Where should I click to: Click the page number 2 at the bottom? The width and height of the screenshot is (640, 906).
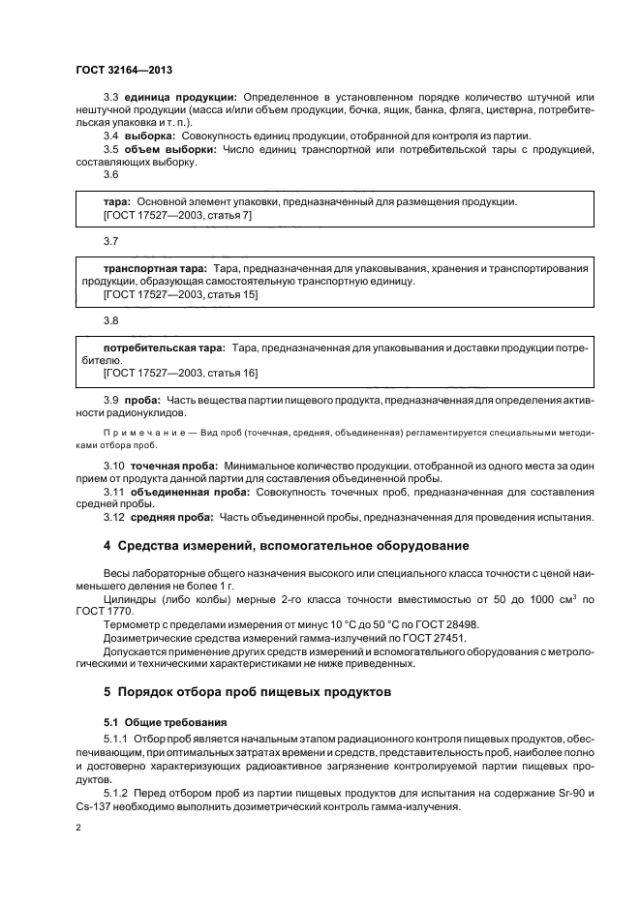[78, 828]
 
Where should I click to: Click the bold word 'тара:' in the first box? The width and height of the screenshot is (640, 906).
[117, 202]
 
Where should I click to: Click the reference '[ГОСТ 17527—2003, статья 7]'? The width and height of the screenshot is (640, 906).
[177, 215]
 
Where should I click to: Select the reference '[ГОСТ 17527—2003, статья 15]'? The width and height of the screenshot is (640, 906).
[180, 294]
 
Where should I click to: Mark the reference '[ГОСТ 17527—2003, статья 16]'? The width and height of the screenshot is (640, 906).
[180, 373]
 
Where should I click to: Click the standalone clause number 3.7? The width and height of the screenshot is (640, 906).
[110, 240]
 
